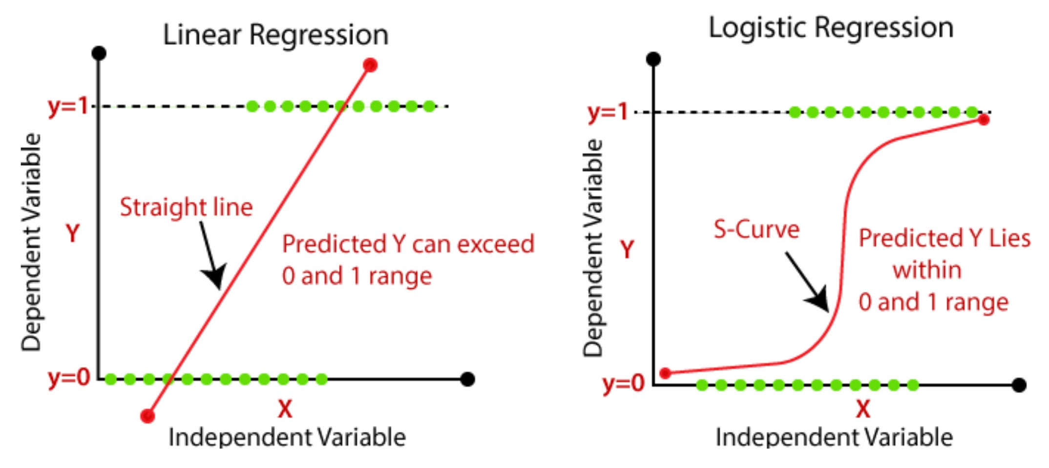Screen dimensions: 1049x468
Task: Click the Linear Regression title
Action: tap(275, 35)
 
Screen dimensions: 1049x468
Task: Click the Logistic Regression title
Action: tap(831, 28)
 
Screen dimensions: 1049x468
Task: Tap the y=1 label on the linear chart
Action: tap(68, 106)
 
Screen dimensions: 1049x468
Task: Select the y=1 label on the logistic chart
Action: tap(608, 112)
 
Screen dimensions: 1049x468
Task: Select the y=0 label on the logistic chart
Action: tap(624, 383)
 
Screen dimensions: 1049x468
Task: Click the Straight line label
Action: tap(186, 207)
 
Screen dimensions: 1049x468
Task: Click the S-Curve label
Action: tap(756, 229)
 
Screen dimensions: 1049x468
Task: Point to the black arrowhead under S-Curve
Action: tap(819, 299)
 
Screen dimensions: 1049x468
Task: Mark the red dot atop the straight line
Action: tap(370, 65)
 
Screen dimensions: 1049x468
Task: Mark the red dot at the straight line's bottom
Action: tap(147, 416)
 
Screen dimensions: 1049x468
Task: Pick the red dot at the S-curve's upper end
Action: tap(984, 120)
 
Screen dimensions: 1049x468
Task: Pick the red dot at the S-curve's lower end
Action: tap(665, 373)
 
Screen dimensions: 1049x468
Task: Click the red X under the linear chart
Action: tap(285, 408)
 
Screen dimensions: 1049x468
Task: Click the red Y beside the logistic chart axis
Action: tap(627, 250)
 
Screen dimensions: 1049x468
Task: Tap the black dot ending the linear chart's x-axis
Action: tap(467, 379)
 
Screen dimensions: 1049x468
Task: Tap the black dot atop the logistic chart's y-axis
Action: tap(653, 60)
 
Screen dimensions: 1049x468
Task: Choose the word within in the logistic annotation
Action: tap(927, 270)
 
